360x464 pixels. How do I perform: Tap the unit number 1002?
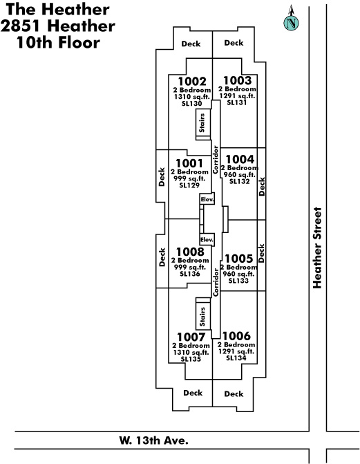[192, 82]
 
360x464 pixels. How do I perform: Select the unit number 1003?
[237, 80]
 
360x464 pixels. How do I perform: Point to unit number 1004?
[240, 159]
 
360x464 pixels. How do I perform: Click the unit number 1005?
[238, 259]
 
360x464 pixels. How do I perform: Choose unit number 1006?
[236, 336]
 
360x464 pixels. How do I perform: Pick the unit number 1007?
[191, 337]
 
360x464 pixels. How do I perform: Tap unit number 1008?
[190, 252]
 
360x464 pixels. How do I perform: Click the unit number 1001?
[189, 163]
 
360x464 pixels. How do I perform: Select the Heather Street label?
[317, 248]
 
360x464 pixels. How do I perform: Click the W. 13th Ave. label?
[153, 440]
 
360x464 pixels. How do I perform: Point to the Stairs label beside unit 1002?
[202, 123]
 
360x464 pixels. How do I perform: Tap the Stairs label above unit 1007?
[202, 317]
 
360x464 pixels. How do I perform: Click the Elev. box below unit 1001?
[207, 199]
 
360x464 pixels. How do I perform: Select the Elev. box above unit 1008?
[207, 239]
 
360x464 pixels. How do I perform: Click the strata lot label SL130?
[191, 104]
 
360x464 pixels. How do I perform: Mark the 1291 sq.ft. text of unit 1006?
[236, 351]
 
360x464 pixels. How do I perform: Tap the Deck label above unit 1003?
[234, 43]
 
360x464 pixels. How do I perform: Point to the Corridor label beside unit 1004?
[216, 160]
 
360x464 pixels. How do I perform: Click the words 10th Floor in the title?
[58, 42]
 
